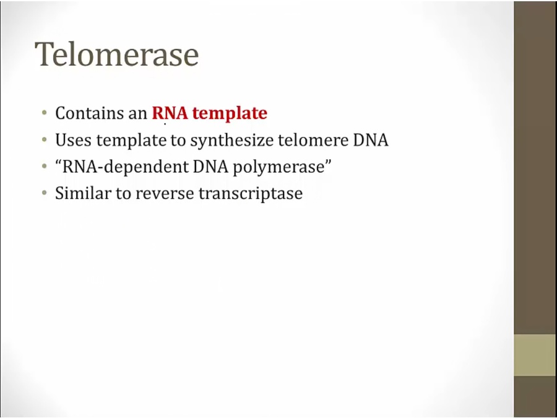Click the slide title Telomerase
point(117,54)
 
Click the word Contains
point(85,113)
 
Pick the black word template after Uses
point(131,141)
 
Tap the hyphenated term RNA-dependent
point(125,167)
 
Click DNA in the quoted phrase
point(210,167)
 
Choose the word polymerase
point(279,167)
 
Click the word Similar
point(83,193)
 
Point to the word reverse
point(165,194)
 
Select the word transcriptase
point(251,194)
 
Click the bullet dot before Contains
point(44,113)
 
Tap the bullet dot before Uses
point(44,140)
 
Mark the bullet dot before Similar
point(44,193)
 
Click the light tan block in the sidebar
point(535,355)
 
